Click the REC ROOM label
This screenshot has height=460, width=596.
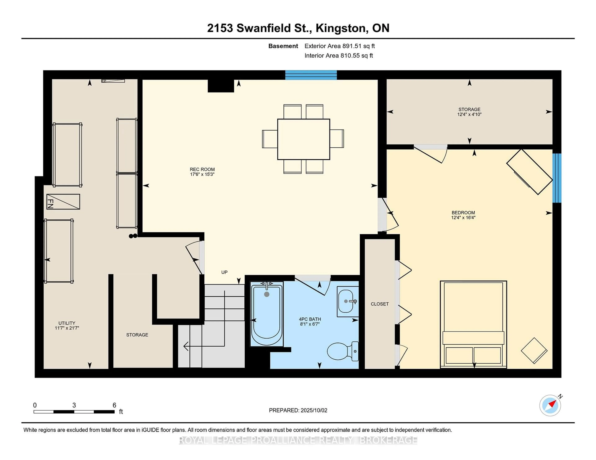(x=202, y=169)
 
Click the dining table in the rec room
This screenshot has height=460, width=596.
(x=303, y=139)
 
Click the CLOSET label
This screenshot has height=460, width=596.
(x=380, y=304)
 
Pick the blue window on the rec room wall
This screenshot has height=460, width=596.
(x=311, y=75)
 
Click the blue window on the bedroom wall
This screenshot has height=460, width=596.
(x=557, y=178)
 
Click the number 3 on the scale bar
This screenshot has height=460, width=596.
(x=74, y=405)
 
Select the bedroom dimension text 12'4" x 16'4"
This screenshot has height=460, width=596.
(x=463, y=217)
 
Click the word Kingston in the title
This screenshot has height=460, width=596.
(x=341, y=28)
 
